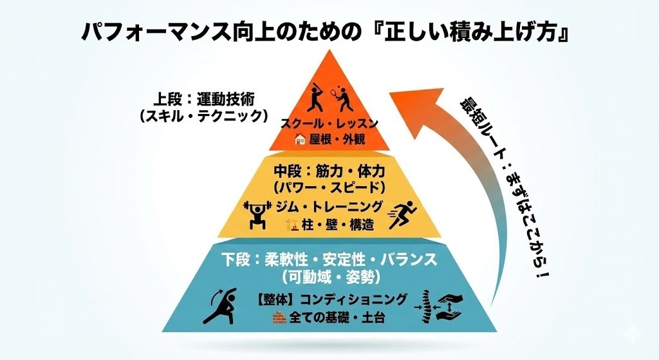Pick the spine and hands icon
[441, 307]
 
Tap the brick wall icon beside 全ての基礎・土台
[279, 317]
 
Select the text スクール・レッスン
[329, 123]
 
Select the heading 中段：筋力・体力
[329, 172]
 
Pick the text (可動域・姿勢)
[329, 277]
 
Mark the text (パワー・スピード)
[329, 188]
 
